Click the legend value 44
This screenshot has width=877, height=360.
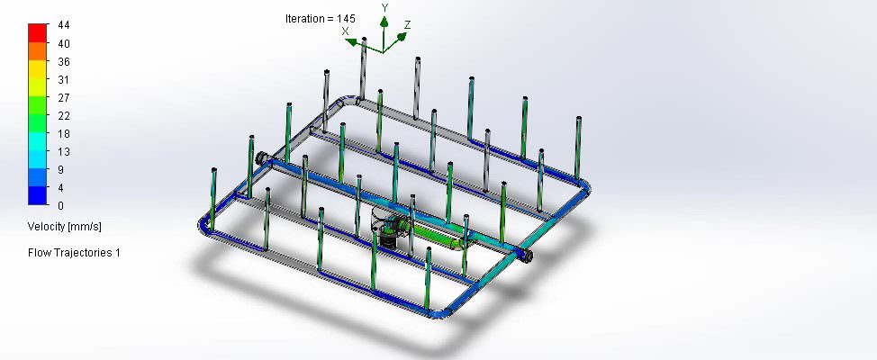(64, 25)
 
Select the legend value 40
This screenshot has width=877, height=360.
(64, 43)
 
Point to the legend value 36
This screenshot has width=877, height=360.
(64, 61)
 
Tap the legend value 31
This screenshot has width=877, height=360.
(63, 79)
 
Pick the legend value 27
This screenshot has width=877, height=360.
(64, 97)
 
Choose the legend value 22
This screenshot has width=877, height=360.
(64, 116)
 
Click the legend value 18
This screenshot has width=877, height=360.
(64, 133)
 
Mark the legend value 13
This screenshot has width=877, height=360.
(64, 151)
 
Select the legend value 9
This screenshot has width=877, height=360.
(61, 169)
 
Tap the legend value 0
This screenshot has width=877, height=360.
(61, 206)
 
